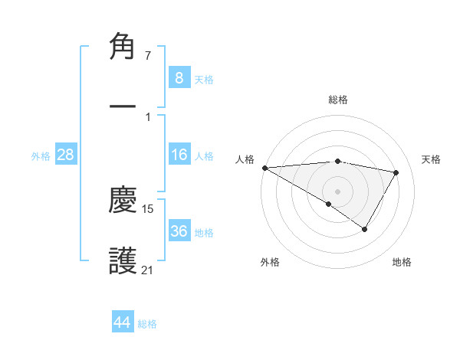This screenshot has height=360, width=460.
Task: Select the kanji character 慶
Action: click(123, 201)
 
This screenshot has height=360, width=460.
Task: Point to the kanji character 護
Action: click(123, 260)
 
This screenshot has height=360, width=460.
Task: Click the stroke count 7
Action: click(148, 57)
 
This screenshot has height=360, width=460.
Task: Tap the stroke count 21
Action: click(147, 270)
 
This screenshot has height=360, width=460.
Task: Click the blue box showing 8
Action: click(179, 77)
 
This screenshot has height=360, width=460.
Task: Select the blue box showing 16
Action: click(179, 155)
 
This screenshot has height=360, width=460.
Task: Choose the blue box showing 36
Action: click(179, 231)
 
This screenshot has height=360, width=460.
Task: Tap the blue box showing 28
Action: click(66, 155)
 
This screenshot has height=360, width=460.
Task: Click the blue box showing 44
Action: click(123, 322)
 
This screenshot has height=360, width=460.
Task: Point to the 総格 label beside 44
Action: click(147, 324)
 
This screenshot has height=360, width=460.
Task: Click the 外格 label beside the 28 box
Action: click(41, 156)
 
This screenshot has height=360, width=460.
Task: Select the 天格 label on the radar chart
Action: click(432, 159)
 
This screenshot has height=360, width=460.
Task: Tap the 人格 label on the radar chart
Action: click(244, 159)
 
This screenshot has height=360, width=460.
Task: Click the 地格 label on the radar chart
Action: click(402, 262)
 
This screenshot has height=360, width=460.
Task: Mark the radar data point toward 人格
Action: click(264, 168)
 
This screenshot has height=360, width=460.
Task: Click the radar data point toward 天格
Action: click(396, 172)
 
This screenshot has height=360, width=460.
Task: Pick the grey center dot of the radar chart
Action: click(337, 191)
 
